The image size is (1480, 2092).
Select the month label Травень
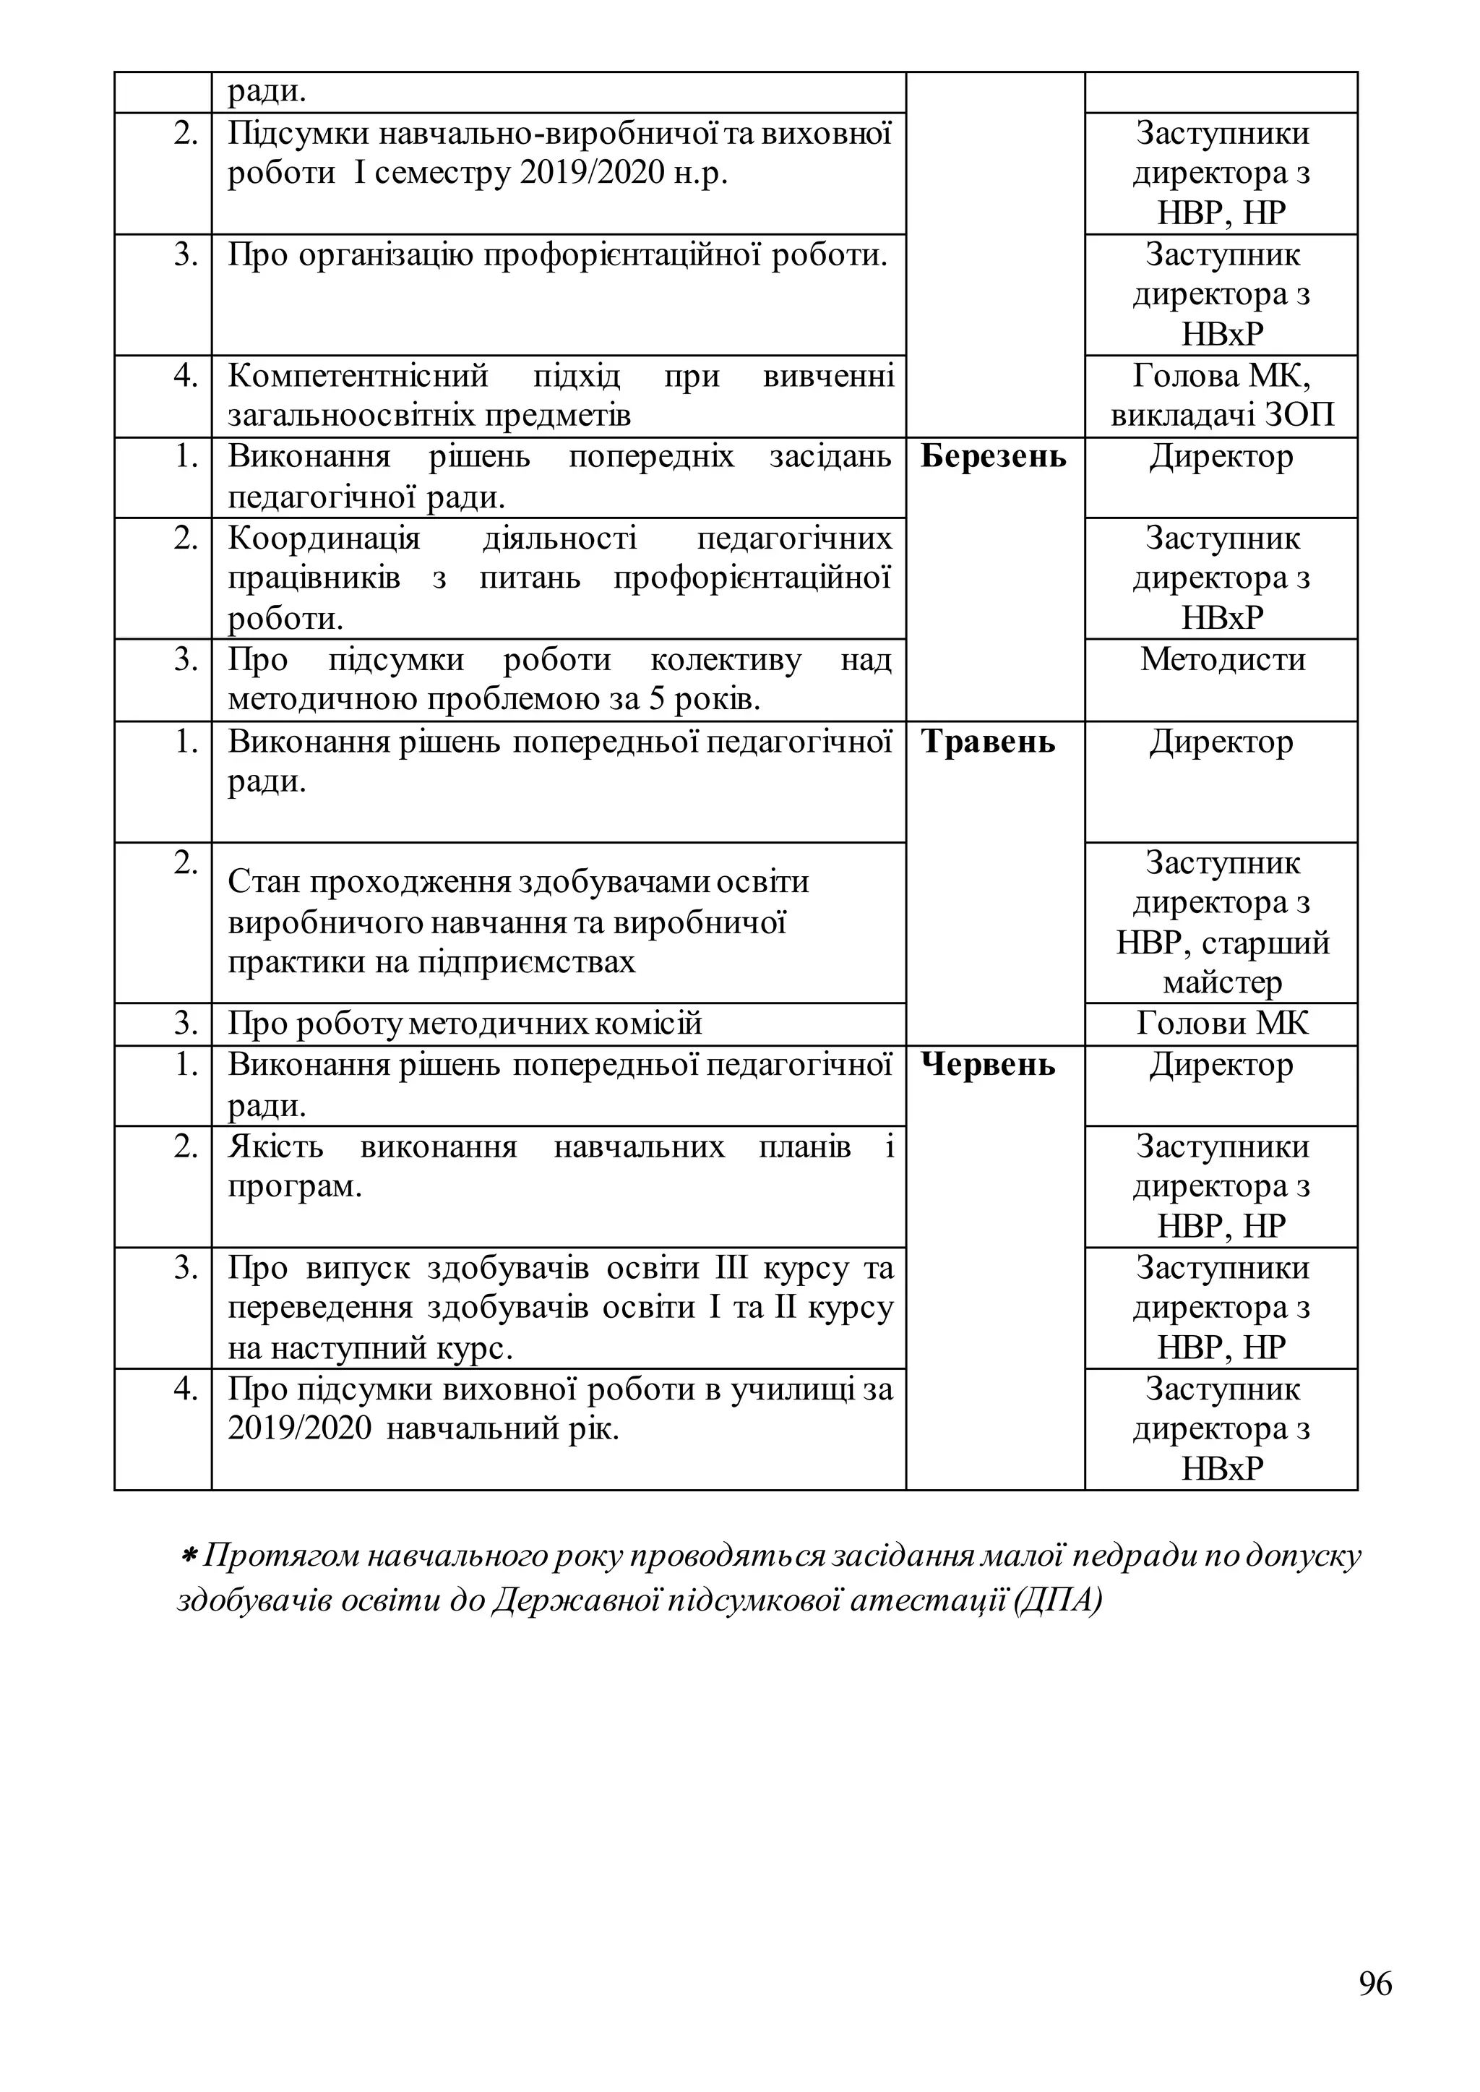point(987,742)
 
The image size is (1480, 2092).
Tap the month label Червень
point(987,1065)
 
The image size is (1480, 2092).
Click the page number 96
point(1375,1984)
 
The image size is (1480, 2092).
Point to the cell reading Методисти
point(1221,659)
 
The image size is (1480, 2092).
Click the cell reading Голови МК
point(1221,1024)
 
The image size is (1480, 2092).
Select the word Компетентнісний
point(357,376)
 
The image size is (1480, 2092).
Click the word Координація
point(324,539)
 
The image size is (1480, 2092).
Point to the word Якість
point(275,1146)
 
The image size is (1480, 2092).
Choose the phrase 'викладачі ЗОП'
point(1221,416)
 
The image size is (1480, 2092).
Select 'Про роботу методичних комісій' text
point(465,1024)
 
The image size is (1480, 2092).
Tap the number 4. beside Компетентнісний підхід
point(186,376)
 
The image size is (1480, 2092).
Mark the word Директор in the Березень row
point(1221,457)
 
